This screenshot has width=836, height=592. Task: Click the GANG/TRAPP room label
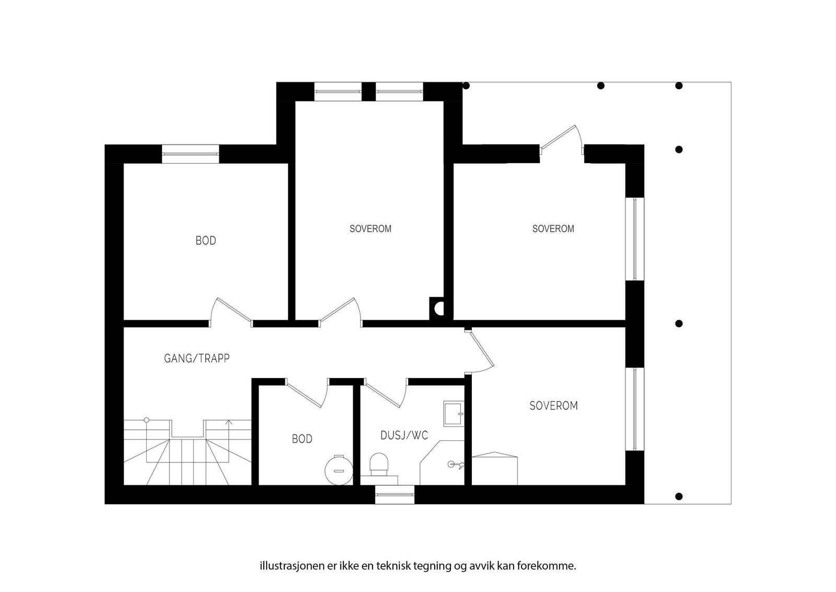coord(196,359)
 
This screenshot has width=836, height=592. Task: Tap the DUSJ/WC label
coord(404,435)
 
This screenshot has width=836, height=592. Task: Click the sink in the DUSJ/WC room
coord(454,414)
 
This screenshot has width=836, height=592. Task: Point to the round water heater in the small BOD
coord(339,470)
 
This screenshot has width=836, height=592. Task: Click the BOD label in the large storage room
coord(206,241)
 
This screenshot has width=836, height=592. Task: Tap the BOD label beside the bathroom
coord(302,439)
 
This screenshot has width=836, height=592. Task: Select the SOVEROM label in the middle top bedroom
coord(370,229)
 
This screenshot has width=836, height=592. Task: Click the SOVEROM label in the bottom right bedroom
coord(553,406)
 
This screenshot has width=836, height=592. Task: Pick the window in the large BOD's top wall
coord(190,154)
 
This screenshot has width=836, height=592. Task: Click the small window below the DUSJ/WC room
coord(394,495)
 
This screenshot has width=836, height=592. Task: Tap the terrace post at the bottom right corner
coord(679,496)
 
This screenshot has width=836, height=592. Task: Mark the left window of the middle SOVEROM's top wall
coord(338,92)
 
